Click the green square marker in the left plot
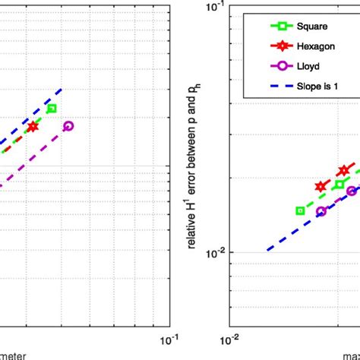(x=52, y=109)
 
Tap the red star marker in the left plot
(x=33, y=127)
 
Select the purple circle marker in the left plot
(x=68, y=126)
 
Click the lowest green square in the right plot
(x=300, y=210)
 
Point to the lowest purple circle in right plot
(x=321, y=211)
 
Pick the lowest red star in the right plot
(x=321, y=186)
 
